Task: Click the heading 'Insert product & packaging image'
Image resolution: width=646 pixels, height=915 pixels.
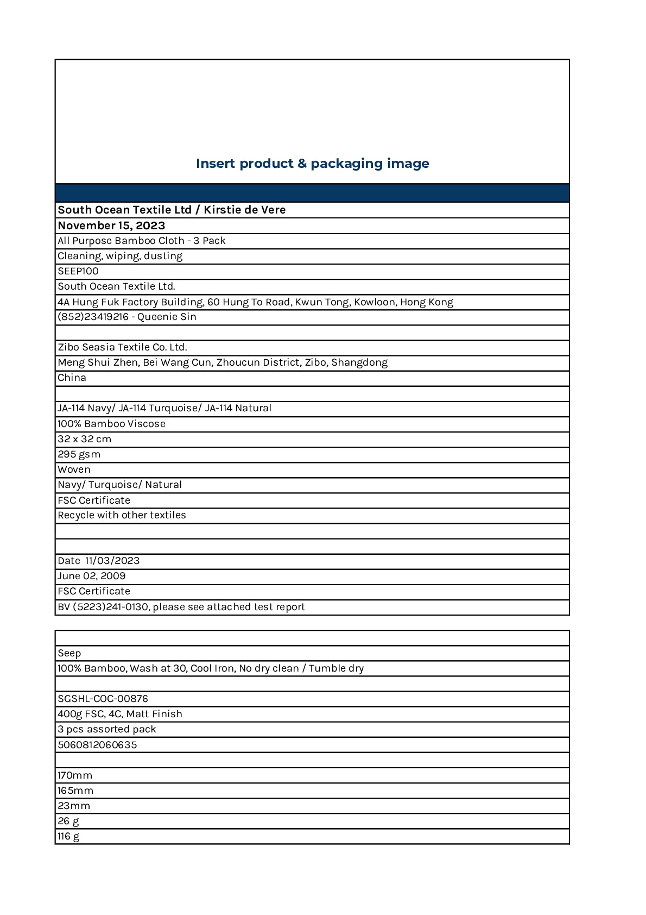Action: click(312, 164)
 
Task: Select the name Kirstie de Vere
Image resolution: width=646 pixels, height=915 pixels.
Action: click(244, 210)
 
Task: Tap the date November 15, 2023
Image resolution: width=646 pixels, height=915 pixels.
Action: click(111, 225)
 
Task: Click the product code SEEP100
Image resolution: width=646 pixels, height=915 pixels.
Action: click(78, 271)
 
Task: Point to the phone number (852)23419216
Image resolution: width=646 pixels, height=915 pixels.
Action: click(93, 317)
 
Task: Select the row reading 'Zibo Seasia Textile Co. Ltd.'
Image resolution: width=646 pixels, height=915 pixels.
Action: click(122, 347)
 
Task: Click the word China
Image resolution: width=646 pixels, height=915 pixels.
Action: click(72, 378)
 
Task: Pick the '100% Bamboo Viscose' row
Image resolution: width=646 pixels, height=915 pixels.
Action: click(111, 424)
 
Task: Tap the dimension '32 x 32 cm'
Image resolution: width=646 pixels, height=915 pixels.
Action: click(84, 439)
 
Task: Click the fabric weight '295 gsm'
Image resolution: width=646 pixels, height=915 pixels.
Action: click(79, 454)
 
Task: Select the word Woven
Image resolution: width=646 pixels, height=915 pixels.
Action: click(74, 469)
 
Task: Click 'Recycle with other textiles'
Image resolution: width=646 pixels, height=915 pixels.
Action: click(122, 515)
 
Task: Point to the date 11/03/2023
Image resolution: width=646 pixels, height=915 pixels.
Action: click(112, 561)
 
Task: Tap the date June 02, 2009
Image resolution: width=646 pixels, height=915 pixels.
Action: click(91, 576)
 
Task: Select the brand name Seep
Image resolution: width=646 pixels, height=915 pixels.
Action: click(69, 653)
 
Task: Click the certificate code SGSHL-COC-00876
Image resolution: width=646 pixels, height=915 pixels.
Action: click(103, 699)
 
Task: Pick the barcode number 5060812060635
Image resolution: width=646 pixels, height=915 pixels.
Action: click(97, 745)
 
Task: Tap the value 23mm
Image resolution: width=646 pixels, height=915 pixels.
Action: click(74, 806)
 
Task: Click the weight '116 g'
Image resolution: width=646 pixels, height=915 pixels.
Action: click(68, 836)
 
